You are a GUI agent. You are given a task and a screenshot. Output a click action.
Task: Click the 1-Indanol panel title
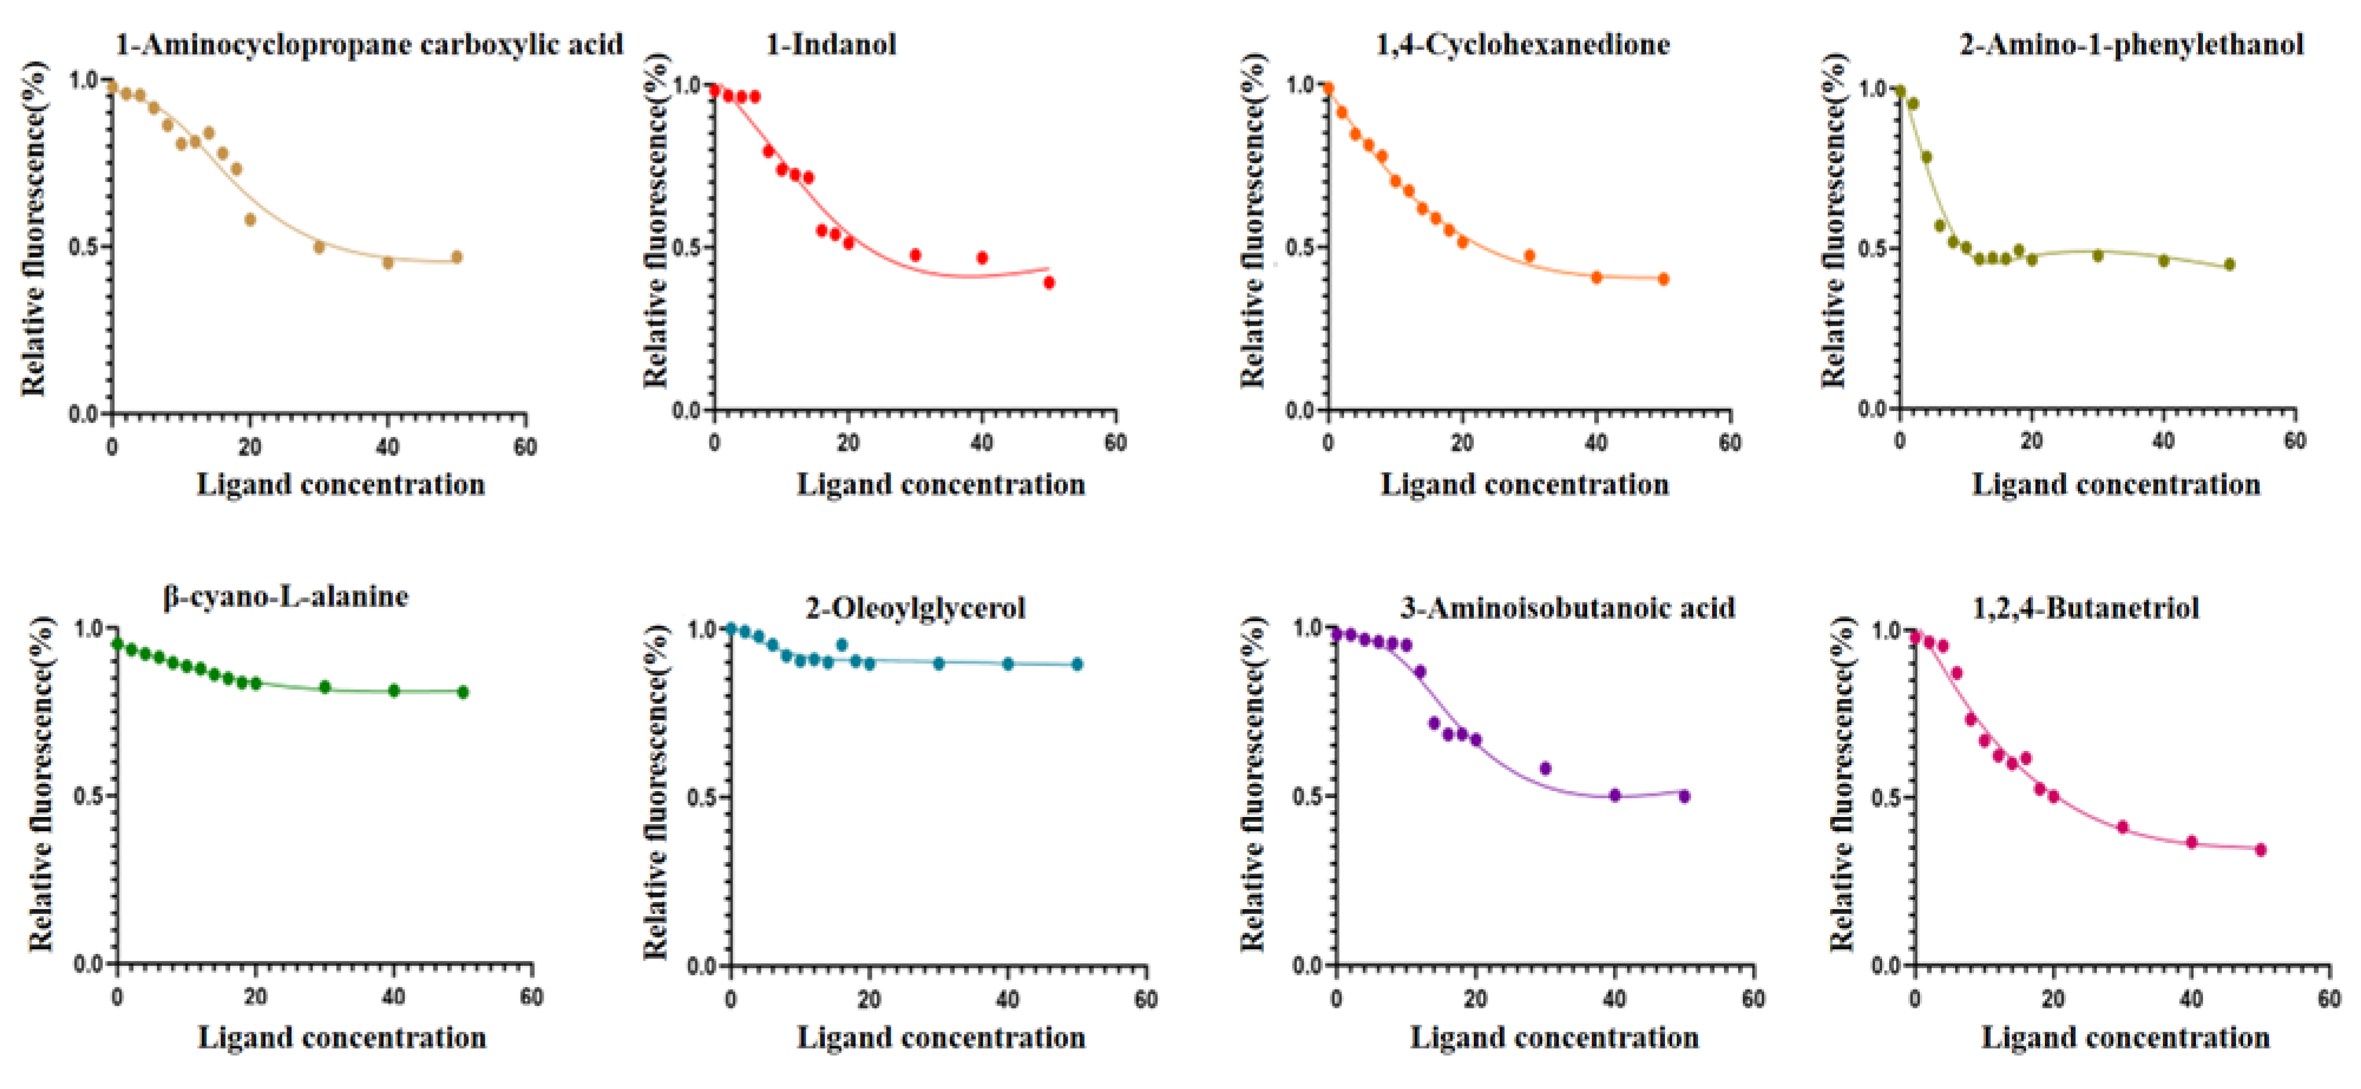(830, 44)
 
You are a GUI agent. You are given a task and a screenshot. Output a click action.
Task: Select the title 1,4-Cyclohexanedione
(1522, 44)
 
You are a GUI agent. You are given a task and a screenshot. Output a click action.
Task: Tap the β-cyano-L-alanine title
(286, 597)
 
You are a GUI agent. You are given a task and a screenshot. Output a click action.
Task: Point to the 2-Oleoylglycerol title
(915, 608)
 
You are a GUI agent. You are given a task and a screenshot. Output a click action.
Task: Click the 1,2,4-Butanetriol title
(2085, 608)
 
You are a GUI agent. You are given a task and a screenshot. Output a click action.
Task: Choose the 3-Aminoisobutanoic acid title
(1567, 608)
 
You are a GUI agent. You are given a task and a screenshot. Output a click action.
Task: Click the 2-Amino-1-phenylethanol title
(2131, 44)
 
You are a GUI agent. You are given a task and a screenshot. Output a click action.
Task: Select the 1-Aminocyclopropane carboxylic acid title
(369, 44)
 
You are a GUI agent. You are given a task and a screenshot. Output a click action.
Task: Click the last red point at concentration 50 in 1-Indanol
(1049, 283)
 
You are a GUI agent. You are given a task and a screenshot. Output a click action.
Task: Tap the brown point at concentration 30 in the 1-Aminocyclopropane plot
(319, 247)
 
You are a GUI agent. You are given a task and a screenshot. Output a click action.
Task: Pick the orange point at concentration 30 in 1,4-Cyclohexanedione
(1529, 256)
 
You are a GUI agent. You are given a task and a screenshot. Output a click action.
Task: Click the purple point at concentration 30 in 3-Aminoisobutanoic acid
(1545, 768)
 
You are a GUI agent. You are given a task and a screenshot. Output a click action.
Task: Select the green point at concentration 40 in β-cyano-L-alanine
(394, 690)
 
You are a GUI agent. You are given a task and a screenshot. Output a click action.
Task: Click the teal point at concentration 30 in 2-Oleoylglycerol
(938, 662)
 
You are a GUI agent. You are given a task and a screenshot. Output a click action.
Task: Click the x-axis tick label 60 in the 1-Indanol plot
(1115, 443)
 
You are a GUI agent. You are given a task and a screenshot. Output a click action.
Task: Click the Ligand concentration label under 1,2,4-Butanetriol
(2126, 1038)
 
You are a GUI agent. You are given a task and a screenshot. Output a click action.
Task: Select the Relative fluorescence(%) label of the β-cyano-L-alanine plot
(40, 784)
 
